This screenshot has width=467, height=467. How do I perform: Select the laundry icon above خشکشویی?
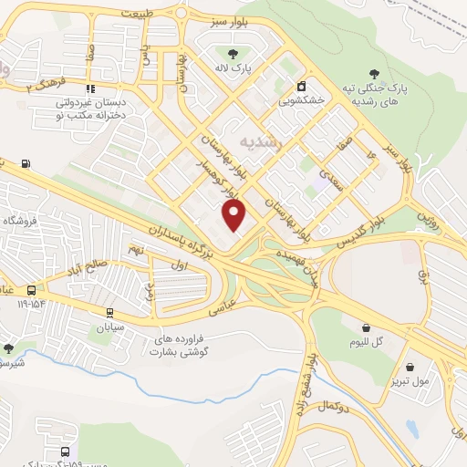tap(301, 88)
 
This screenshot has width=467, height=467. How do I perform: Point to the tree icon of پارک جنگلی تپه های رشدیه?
tap(374, 74)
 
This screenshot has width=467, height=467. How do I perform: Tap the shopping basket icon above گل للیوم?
tap(367, 327)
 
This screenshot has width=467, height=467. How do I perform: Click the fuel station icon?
tap(26, 164)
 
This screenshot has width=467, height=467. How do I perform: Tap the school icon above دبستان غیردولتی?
tap(89, 88)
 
